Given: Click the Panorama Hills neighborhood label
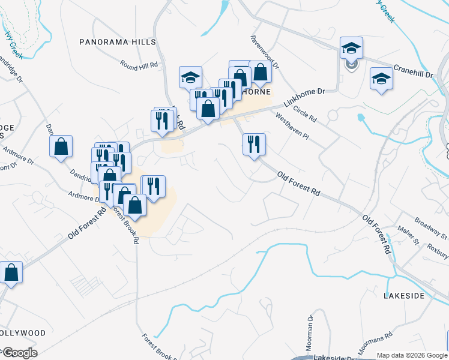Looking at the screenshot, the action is [x=118, y=42].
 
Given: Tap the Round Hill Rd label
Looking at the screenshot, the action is [x=138, y=64].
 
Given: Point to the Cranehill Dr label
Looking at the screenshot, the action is [x=413, y=71].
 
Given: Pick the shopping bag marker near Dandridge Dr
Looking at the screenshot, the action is [x=61, y=146].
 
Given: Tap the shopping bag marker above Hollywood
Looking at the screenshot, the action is [x=11, y=272].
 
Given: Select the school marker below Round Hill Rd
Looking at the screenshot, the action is [x=190, y=77].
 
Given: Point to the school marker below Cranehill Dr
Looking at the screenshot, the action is [x=381, y=79].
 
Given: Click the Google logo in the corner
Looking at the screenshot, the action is [x=19, y=353].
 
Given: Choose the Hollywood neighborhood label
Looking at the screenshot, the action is [x=23, y=332].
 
